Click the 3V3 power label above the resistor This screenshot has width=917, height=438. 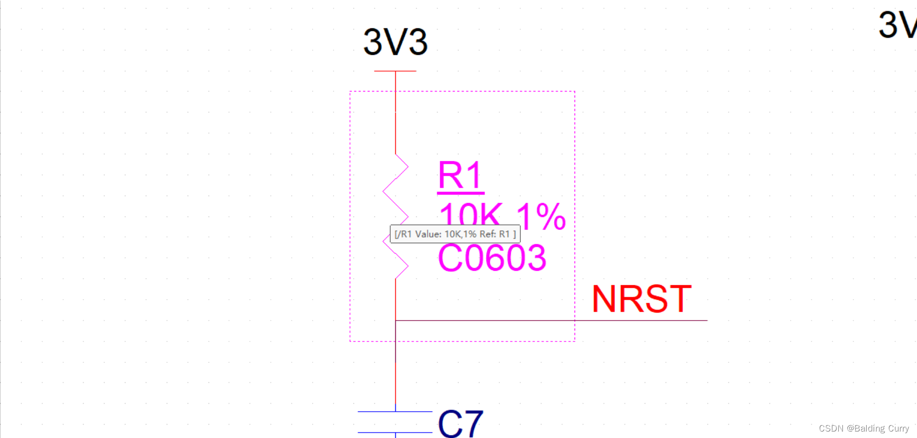point(395,42)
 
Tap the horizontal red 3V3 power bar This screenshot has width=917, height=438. point(395,71)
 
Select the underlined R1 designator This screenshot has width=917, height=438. point(460,175)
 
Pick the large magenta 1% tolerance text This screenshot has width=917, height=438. point(541,217)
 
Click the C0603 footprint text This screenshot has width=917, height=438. point(492,258)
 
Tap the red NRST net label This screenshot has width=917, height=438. point(642,299)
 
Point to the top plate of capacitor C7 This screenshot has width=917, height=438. point(395,412)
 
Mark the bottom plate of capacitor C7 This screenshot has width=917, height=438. point(395,433)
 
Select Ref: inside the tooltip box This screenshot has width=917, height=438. point(488,234)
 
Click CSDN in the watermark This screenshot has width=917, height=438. point(831,429)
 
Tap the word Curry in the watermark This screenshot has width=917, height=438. point(899,429)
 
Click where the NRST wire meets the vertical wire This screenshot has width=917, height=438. point(396,321)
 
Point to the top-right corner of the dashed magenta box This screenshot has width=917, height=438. point(574,92)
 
